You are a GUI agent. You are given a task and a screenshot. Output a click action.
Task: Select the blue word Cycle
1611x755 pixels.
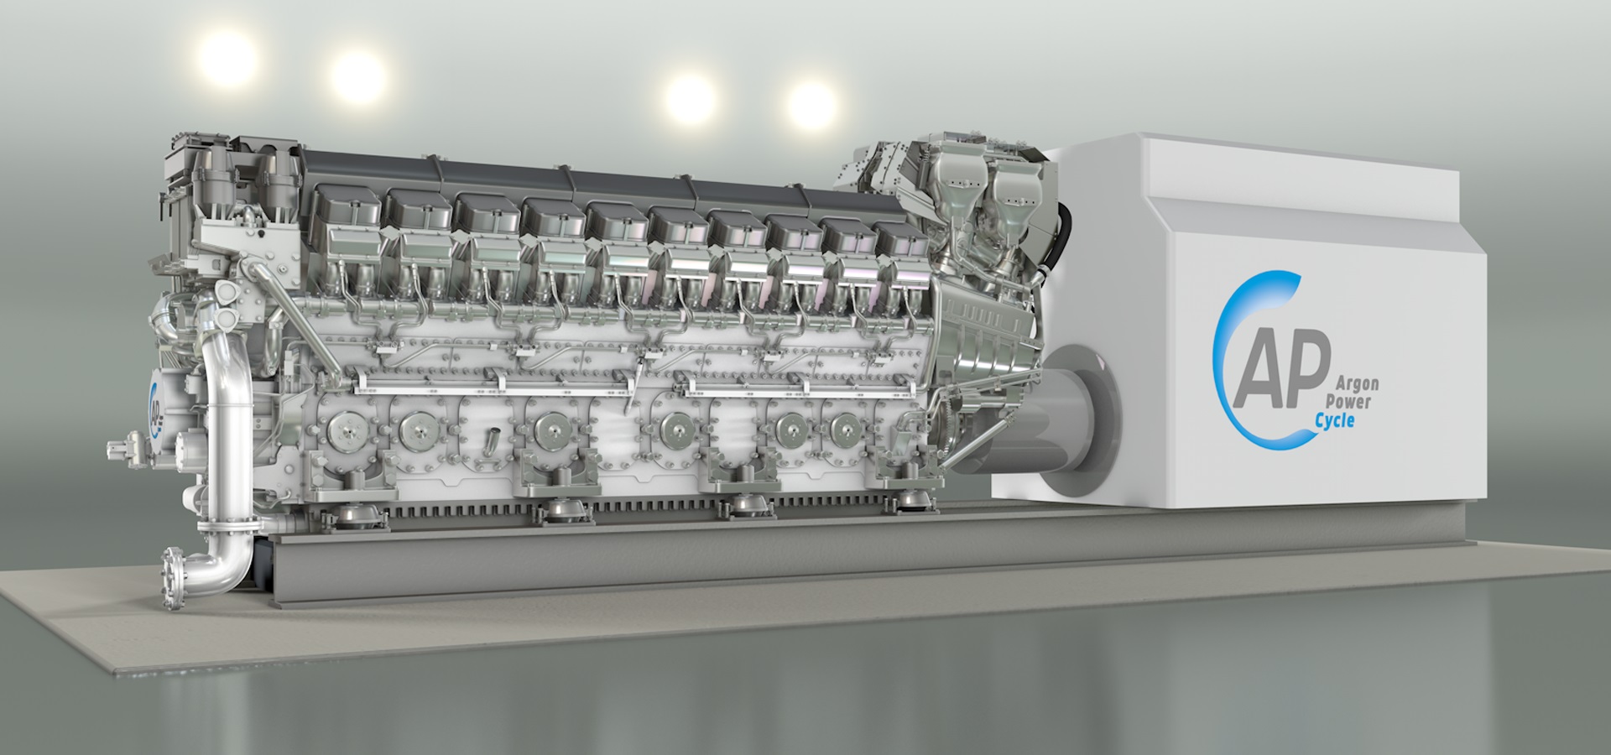(x=1333, y=420)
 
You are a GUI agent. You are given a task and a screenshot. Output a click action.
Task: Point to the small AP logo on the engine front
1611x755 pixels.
(x=155, y=405)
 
